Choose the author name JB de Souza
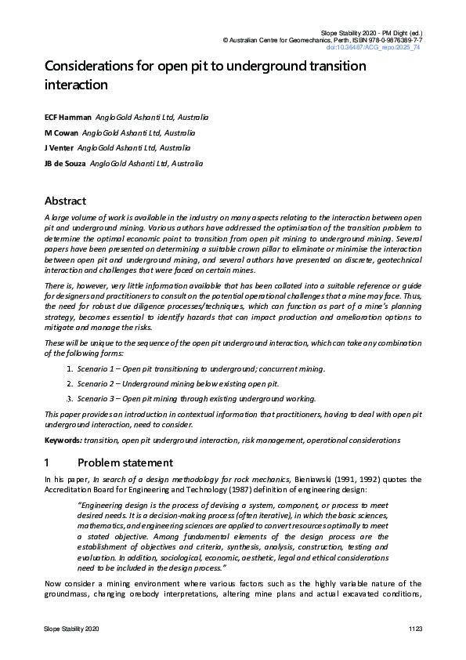point(65,163)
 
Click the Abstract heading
point(65,201)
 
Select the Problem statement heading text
point(125,462)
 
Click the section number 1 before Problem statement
point(48,462)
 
